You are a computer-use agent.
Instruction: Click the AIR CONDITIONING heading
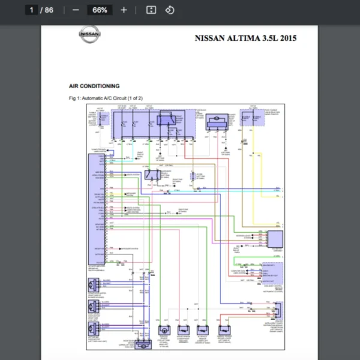[x=94, y=86]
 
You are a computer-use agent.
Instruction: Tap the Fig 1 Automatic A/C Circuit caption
[x=106, y=98]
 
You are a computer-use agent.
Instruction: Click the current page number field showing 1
[x=31, y=10]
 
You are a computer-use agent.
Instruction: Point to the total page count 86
[x=49, y=10]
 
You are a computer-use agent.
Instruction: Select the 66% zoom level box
[x=100, y=10]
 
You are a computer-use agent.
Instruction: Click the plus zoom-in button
[x=124, y=10]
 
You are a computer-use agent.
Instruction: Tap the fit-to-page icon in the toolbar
[x=151, y=10]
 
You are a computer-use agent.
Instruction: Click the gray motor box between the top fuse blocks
[x=215, y=124]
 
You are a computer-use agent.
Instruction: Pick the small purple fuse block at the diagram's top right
[x=253, y=117]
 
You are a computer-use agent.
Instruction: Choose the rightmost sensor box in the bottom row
[x=222, y=330]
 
